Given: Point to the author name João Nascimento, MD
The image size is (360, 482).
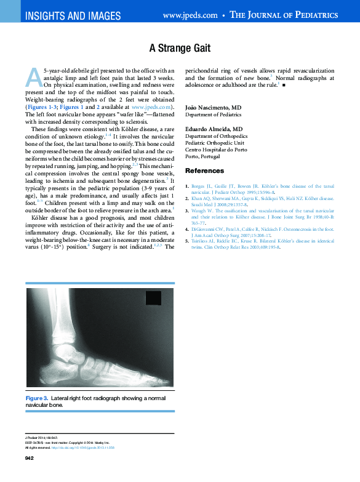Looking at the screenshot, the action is [x=213, y=108].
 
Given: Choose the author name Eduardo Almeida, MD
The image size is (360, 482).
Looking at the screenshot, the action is [x=214, y=129].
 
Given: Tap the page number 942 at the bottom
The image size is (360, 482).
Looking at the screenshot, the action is [x=29, y=459].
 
